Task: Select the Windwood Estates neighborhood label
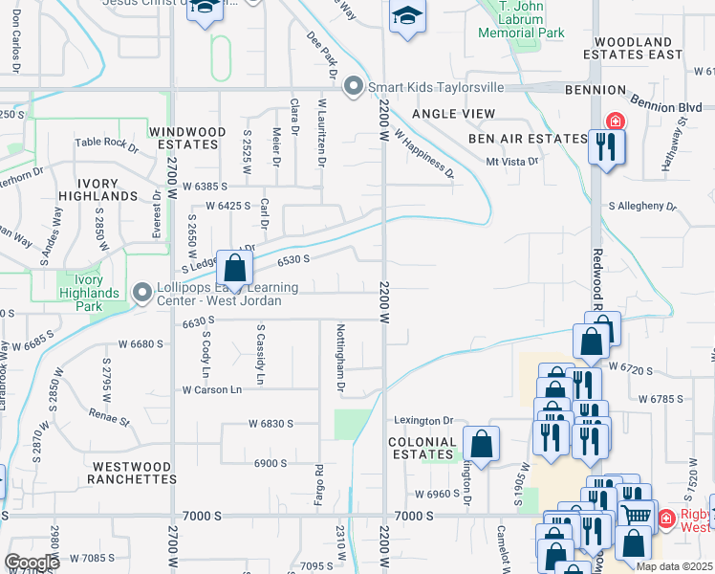[x=187, y=138]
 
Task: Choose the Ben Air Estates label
[x=527, y=139]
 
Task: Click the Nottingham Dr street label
[x=340, y=358]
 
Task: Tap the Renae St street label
[x=108, y=419]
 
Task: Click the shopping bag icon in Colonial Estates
[x=481, y=444]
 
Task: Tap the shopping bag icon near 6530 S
[x=234, y=269]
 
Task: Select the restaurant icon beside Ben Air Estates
[x=606, y=146]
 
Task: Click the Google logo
[x=32, y=563]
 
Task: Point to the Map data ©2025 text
[x=673, y=566]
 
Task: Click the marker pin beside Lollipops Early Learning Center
[x=142, y=291]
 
